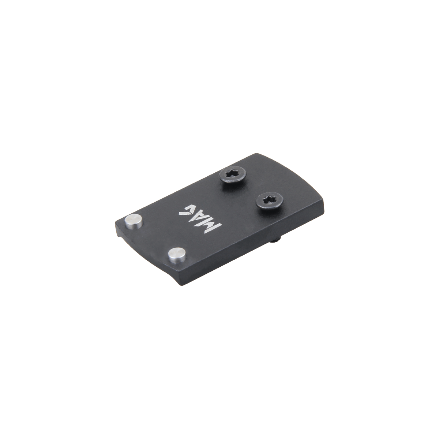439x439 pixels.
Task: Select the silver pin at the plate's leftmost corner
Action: click(x=134, y=222)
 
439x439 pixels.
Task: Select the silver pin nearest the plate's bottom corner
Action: click(x=177, y=255)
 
